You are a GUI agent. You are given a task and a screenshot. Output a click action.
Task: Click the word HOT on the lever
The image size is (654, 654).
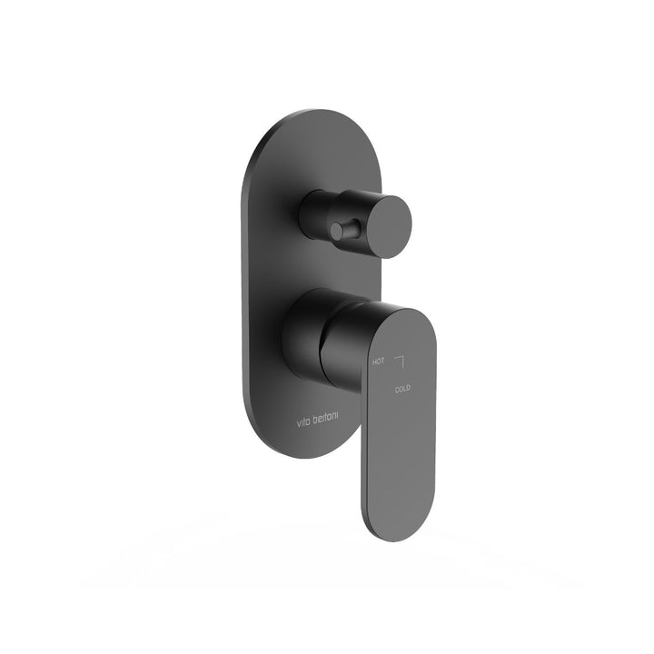pos(378,362)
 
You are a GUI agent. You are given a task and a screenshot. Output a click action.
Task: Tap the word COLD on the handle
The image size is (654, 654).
pos(402,389)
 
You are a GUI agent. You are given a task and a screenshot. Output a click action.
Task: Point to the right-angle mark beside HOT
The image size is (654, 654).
pos(400,362)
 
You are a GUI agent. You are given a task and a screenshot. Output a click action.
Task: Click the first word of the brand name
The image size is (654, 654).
pos(304,422)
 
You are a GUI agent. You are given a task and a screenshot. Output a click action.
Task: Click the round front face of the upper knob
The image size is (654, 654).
pos(391,225)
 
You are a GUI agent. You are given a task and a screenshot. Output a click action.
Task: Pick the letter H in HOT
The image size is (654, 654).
pos(374,362)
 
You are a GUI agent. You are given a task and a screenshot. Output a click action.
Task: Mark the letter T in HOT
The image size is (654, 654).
pos(382,361)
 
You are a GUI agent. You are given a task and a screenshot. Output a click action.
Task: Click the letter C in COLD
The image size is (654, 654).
pos(397,390)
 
